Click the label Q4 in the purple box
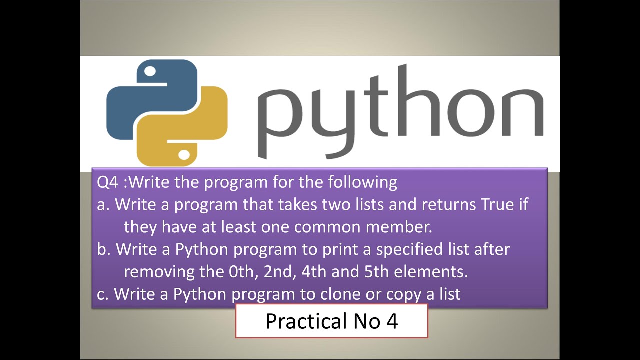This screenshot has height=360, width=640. [x=108, y=182]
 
